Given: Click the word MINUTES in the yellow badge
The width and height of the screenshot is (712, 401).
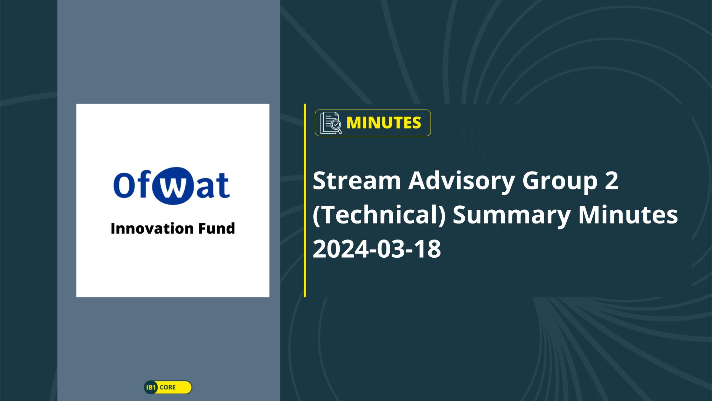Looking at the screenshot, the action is coord(383,123).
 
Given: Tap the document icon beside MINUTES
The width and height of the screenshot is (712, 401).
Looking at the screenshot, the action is coord(331,123).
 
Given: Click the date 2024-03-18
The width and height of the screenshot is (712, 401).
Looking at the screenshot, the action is coord(377,249).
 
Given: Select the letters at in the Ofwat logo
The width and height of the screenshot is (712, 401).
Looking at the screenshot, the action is coord(213,186).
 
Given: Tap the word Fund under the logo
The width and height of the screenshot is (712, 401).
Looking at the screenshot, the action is coord(217,228).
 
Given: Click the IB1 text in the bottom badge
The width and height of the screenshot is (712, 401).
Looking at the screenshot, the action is coord(151,387).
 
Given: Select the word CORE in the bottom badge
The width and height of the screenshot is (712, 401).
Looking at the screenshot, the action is coord(168,387).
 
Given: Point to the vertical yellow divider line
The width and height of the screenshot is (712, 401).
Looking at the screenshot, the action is coord(305,200).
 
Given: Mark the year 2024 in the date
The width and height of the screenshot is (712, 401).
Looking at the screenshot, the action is coord(339,249).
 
